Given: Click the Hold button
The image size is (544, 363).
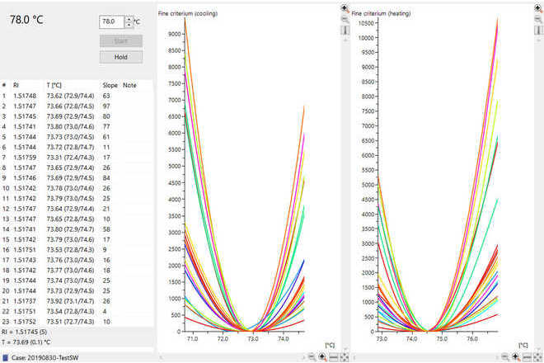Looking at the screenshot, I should (x=121, y=57).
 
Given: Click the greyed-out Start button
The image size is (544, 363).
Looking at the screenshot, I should (x=121, y=40).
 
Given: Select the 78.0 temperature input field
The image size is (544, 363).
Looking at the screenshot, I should (x=110, y=22).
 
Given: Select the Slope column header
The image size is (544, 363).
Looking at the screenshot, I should (x=110, y=85).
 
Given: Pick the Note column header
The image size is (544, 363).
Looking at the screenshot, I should (x=130, y=85).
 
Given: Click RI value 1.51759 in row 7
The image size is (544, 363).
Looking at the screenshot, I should (x=26, y=158).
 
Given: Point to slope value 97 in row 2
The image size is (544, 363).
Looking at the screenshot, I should (x=106, y=106).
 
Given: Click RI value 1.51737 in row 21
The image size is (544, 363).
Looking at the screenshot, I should (x=26, y=301).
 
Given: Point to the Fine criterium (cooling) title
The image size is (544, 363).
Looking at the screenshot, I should (x=189, y=14).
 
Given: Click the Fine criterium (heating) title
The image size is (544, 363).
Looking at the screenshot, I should (x=382, y=14).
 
